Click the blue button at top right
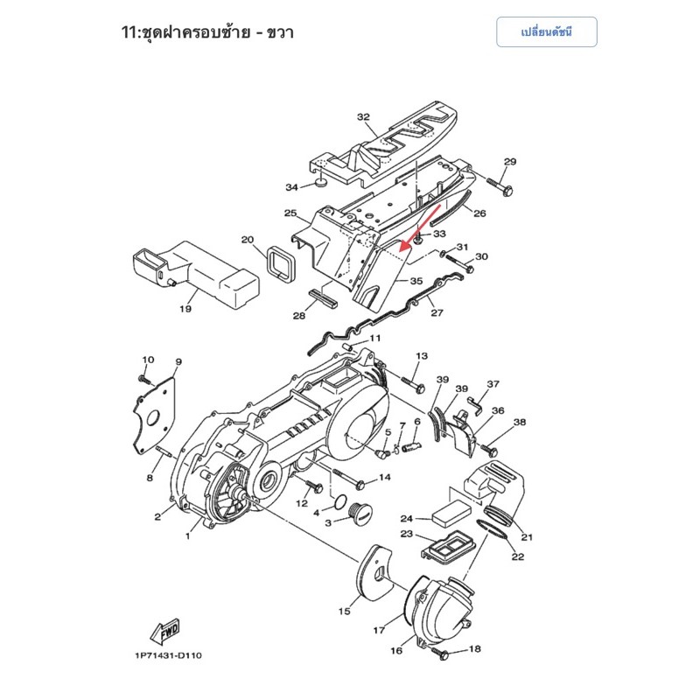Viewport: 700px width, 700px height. pyautogui.click(x=546, y=32)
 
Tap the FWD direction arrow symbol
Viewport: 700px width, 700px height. pyautogui.click(x=165, y=632)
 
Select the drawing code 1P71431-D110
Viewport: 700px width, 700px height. pyautogui.click(x=168, y=655)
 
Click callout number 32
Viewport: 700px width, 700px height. pyautogui.click(x=363, y=117)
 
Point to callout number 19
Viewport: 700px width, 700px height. pyautogui.click(x=185, y=309)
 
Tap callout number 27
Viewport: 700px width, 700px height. pyautogui.click(x=437, y=312)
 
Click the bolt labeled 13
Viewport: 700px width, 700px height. pyautogui.click(x=413, y=386)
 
